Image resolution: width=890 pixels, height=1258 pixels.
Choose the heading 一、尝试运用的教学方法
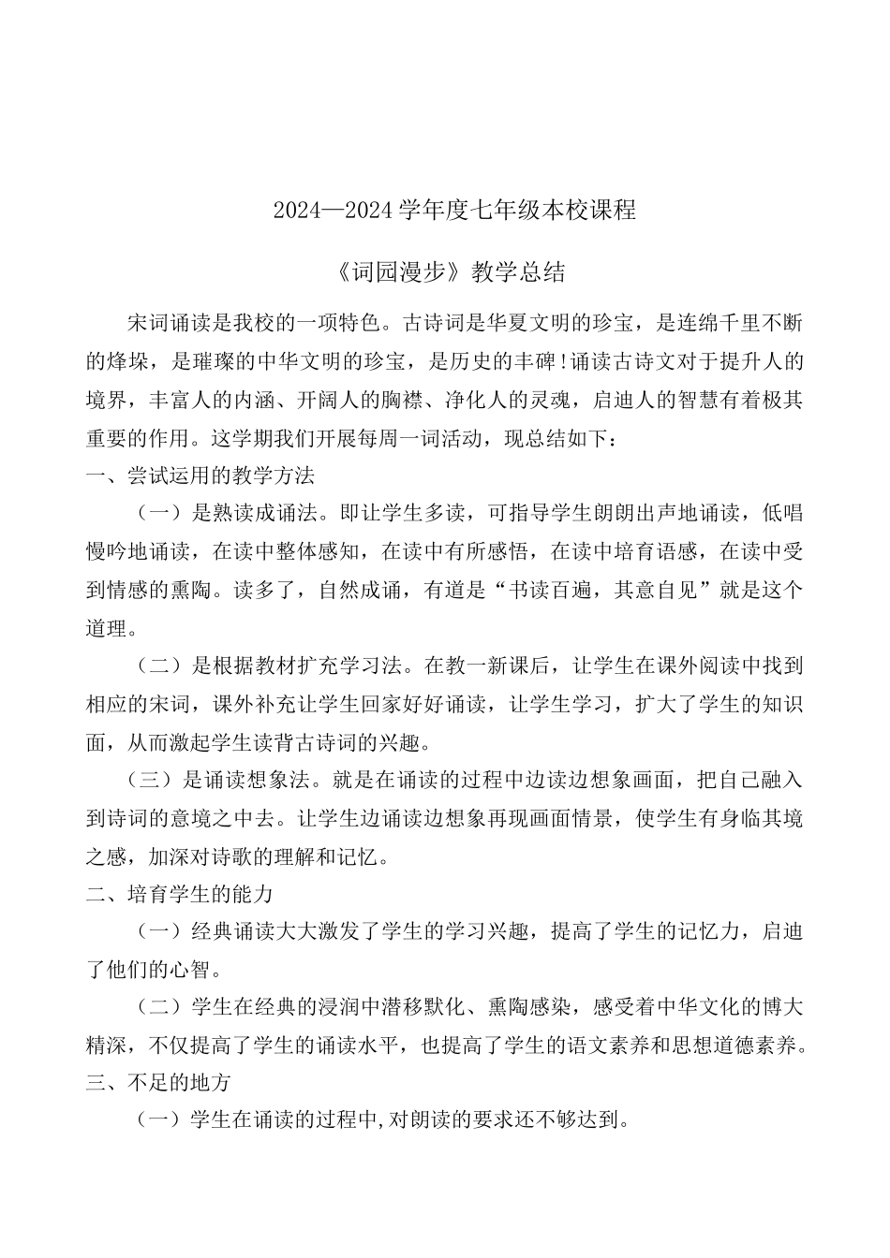[x=200, y=475]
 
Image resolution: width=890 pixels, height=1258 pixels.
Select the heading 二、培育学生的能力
[x=179, y=894]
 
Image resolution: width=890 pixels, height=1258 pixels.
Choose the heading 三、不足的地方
[x=158, y=1083]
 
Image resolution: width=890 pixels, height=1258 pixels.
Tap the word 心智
[x=200, y=970]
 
